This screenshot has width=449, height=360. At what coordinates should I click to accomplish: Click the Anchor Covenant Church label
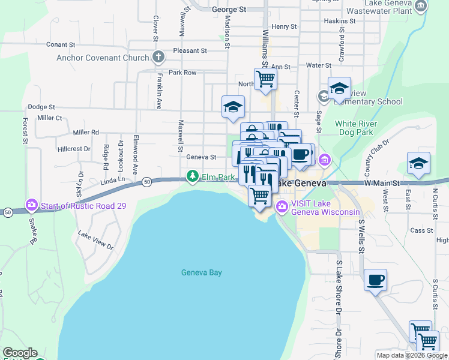[x=103, y=58]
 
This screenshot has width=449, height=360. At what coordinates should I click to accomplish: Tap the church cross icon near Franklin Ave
[x=158, y=58]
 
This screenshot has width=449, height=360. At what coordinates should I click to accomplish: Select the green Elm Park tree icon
[x=192, y=176]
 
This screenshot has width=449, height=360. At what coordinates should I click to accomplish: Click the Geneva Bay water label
[x=202, y=273]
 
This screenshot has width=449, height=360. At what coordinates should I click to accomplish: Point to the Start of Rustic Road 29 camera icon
[x=32, y=205]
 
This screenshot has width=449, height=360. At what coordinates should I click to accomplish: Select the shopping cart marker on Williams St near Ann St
[x=265, y=78]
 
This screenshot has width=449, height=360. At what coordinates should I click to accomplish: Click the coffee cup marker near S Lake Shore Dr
[x=375, y=280]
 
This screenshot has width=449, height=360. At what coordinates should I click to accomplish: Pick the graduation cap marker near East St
[x=418, y=163]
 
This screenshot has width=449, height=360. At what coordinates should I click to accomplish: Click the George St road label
[x=229, y=10]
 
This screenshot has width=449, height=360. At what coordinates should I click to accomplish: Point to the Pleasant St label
[x=190, y=51]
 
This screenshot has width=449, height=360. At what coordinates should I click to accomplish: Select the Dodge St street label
[x=41, y=107]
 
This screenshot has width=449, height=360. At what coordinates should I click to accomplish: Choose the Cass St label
[x=421, y=230]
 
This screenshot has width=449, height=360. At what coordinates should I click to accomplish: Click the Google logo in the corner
[x=20, y=353]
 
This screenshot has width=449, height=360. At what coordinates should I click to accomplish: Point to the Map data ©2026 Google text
[x=412, y=355]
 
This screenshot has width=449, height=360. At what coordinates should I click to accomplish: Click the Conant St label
[x=61, y=44]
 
